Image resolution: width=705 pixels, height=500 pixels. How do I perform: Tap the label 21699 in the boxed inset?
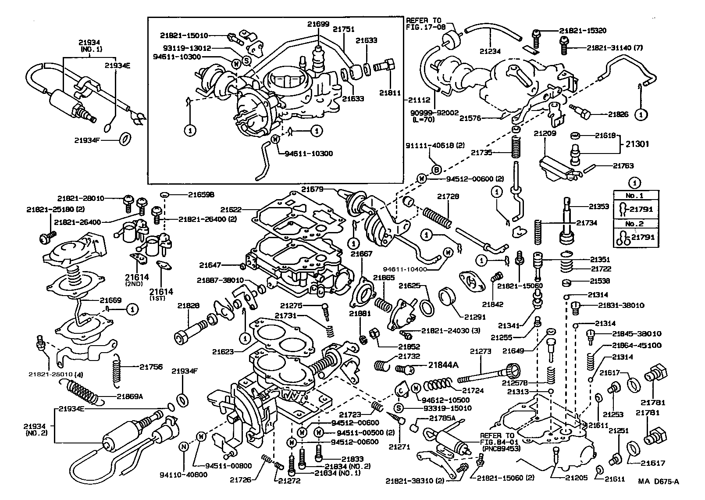(318, 25)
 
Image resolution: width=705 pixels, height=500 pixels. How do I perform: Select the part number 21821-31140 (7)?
(615, 48)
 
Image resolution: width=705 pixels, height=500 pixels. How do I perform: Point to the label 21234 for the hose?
(489, 51)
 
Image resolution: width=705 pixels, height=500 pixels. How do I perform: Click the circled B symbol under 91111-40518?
(436, 170)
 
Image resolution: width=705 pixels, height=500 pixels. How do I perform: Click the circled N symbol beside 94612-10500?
(417, 387)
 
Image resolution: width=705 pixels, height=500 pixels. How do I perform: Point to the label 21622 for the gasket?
(232, 210)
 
